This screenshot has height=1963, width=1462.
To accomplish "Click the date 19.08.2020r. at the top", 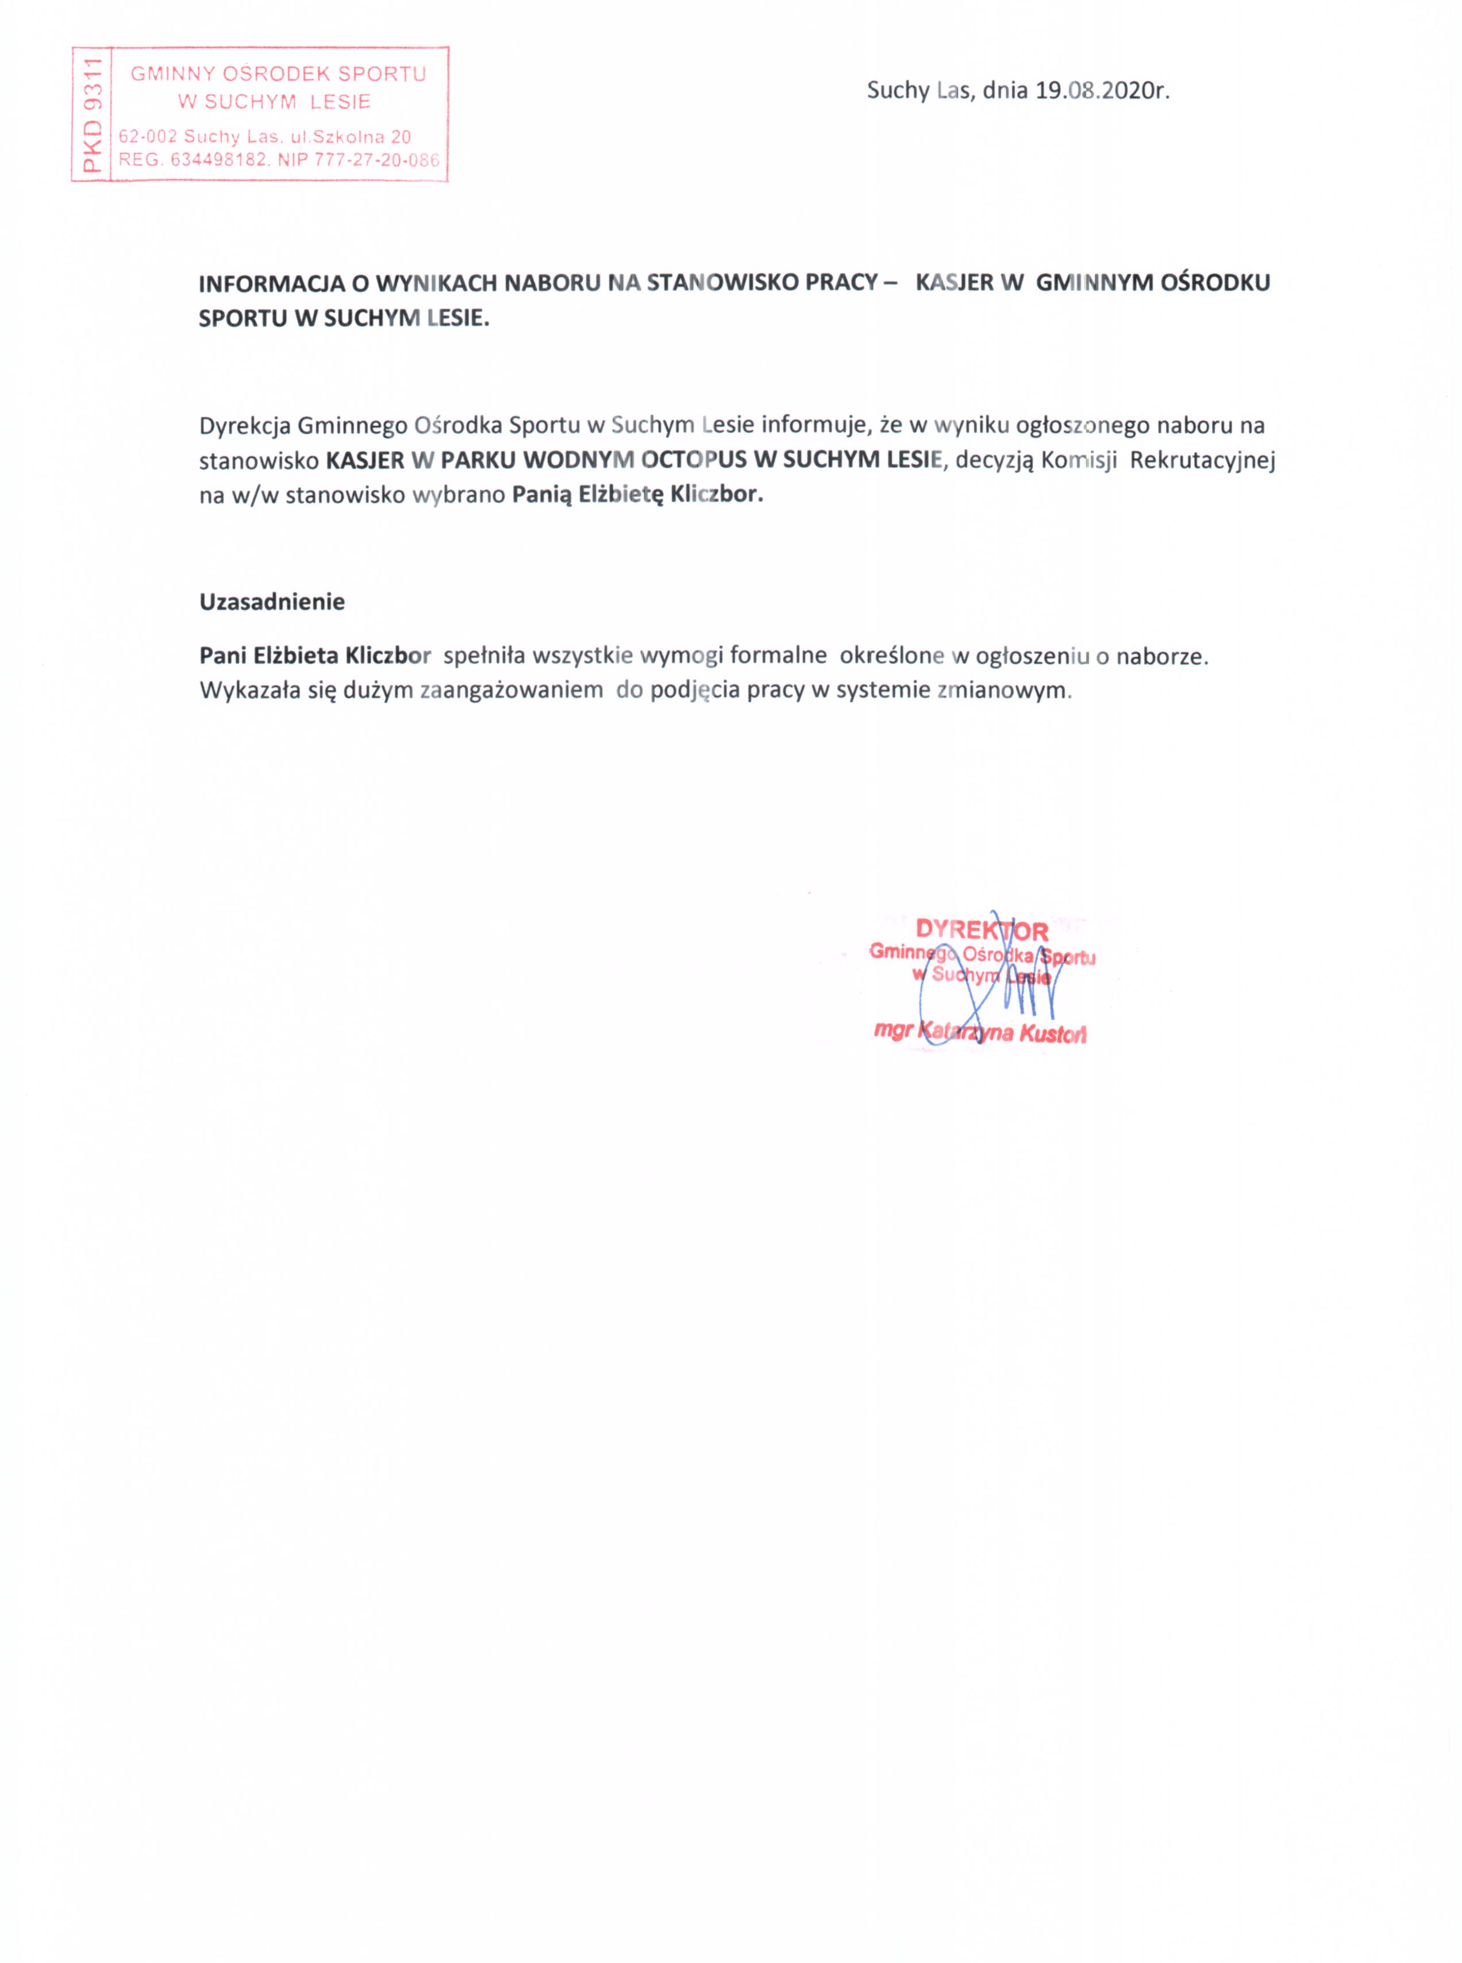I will tap(1102, 90).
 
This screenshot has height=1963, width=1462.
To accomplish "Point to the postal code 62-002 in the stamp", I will tap(148, 136).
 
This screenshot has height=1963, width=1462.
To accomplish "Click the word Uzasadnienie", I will tap(272, 602).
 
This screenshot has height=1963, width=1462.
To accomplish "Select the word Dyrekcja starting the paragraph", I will tap(244, 426).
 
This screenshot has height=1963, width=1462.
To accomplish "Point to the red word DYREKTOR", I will tap(982, 930).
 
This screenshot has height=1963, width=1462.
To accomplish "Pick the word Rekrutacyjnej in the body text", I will tap(1202, 460).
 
